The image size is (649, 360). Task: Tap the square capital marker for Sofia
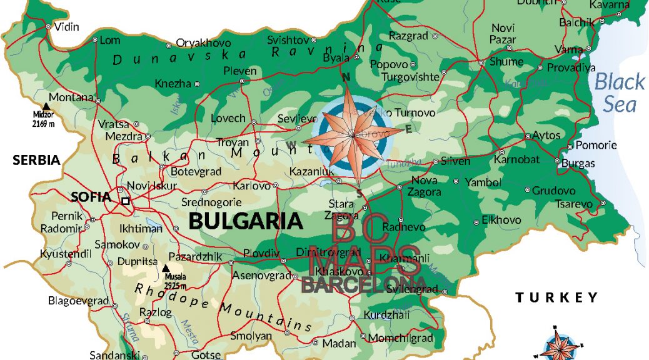click(126, 201)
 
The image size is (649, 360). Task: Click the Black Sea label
click(619, 92)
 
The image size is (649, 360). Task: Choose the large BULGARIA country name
click(246, 221)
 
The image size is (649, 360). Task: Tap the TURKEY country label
click(556, 297)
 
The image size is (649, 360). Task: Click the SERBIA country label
click(36, 160)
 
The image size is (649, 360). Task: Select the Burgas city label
click(578, 164)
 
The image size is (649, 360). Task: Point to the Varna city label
click(568, 49)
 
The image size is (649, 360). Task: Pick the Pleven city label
click(240, 71)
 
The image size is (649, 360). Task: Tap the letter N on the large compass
click(345, 77)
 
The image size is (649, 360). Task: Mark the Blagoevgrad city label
click(79, 301)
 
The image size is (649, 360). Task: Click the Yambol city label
click(484, 182)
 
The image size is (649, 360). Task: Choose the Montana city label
click(71, 97)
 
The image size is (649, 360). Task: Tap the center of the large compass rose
click(353, 134)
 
